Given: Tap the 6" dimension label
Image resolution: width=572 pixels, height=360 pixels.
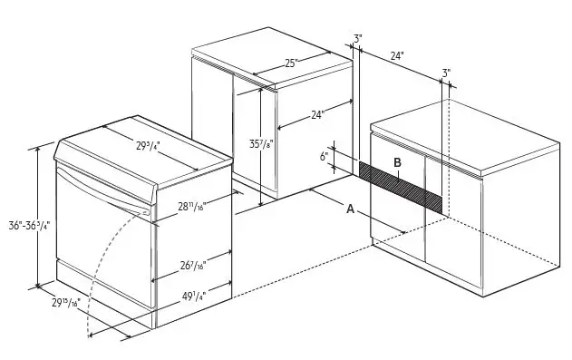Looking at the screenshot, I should (324, 156).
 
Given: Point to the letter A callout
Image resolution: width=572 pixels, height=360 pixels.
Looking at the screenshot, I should (351, 209).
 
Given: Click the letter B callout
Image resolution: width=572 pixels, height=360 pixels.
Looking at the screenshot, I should (397, 162).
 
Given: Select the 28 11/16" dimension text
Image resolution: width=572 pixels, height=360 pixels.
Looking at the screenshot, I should (191, 207).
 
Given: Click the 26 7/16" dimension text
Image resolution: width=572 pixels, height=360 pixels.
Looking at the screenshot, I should (191, 265).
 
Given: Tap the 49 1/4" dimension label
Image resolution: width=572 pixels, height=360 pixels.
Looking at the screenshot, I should (191, 296).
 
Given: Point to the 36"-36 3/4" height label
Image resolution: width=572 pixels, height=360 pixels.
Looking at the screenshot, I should (28, 225).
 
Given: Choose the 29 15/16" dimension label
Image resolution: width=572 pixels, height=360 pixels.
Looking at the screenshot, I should (65, 302).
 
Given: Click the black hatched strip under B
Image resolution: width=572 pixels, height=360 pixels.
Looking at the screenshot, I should (400, 186).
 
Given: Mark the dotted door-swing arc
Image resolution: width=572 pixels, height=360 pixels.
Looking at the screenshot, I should (100, 272).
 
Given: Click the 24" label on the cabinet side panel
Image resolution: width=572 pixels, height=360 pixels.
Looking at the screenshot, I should (317, 115).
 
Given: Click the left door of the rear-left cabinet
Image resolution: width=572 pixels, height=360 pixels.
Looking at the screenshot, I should (213, 131).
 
